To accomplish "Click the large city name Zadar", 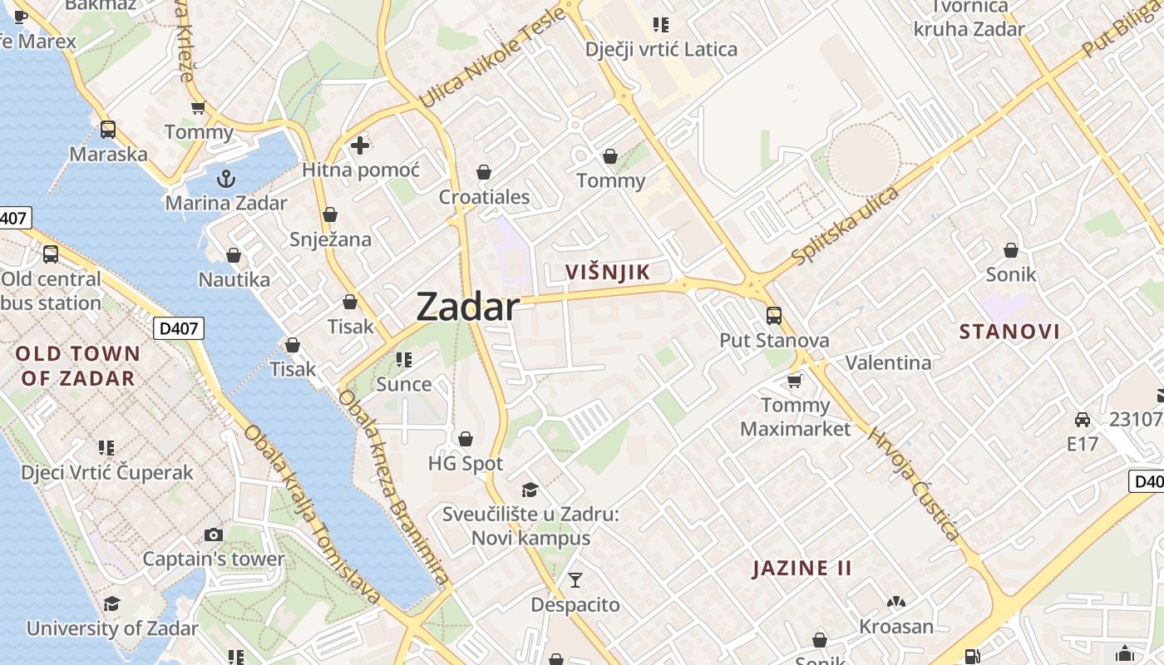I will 467,307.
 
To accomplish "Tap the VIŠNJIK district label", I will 607,272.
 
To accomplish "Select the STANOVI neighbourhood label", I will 1009,332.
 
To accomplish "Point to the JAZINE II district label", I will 802,569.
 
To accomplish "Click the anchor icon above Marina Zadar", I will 225,179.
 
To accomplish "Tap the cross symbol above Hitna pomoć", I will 360,145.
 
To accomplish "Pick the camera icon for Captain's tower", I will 214,534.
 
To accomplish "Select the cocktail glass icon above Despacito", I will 575,580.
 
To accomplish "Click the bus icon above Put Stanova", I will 774,316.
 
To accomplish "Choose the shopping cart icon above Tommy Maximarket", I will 795,381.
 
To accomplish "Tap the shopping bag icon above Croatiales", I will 484,172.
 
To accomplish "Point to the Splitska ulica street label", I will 846,226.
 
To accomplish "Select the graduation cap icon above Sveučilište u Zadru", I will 530,490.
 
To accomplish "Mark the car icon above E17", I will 1082,420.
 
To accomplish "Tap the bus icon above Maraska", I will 108,130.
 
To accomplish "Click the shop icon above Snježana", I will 330,214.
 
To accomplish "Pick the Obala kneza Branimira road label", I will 393,487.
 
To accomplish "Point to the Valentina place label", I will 888,362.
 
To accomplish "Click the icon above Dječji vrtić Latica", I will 661,25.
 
